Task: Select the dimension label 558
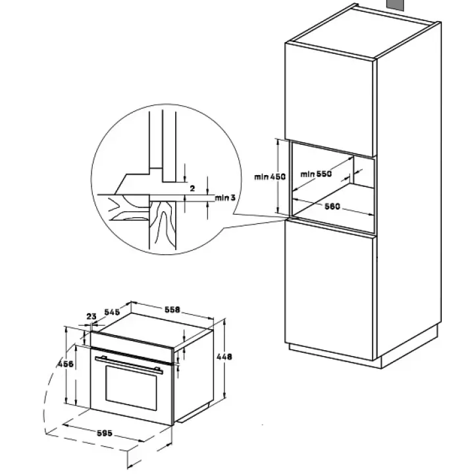(x=172, y=309)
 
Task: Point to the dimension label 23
(x=91, y=316)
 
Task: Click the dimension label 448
(x=224, y=356)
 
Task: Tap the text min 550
(x=315, y=174)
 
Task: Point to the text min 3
(x=224, y=197)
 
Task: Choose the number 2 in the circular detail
(x=192, y=188)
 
